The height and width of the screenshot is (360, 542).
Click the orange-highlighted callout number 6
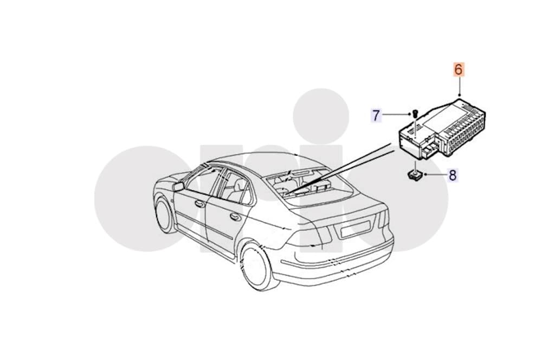click(x=458, y=69)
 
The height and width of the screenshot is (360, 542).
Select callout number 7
click(x=376, y=115)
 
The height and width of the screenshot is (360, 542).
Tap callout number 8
click(x=453, y=175)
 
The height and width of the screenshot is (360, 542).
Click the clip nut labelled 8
click(x=415, y=175)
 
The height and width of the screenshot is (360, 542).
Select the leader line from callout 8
click(x=436, y=175)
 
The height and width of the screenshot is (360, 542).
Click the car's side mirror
click(x=178, y=187)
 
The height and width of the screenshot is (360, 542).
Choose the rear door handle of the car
click(x=235, y=217)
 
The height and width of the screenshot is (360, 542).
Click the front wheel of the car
click(x=165, y=215)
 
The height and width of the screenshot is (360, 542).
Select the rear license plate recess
click(x=356, y=229)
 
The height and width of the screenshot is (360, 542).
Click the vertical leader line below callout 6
click(x=460, y=86)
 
